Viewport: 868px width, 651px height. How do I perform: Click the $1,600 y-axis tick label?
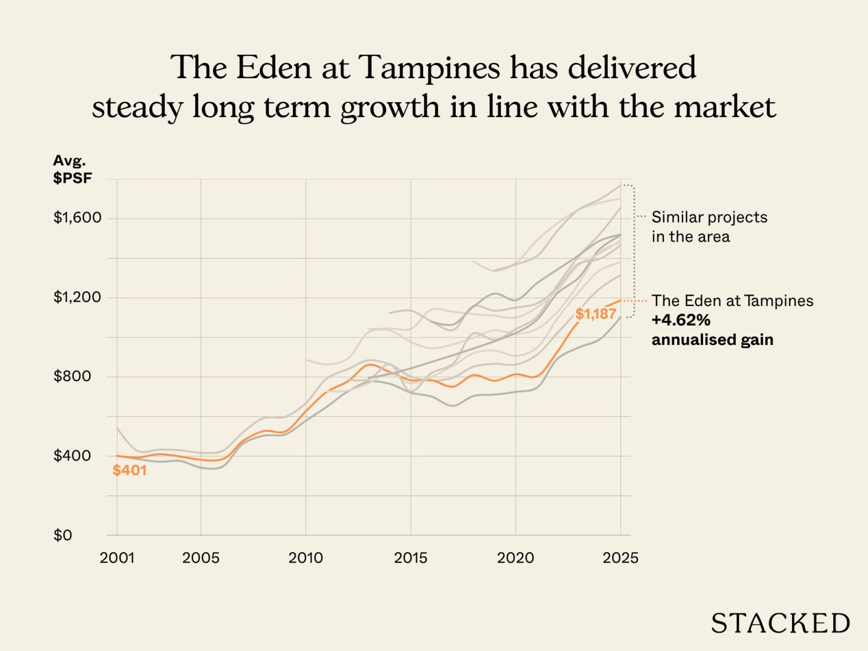[x=77, y=218]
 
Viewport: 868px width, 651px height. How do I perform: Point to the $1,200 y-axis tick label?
[x=77, y=297]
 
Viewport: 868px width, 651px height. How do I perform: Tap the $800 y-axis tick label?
[x=72, y=376]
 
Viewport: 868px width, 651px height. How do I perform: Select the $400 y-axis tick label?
[x=72, y=456]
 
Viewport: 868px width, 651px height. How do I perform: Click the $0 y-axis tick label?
[x=62, y=535]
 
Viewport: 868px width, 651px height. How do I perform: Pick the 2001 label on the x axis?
[x=117, y=558]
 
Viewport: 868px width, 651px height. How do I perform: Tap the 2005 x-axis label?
[x=201, y=558]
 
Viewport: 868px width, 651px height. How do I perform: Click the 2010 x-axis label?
[x=305, y=558]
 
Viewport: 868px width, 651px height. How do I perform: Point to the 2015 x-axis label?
[x=411, y=558]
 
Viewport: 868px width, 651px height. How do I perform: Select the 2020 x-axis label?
[x=515, y=558]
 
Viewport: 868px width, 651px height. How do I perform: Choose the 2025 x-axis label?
[x=620, y=558]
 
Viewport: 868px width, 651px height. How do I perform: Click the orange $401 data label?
[x=130, y=470]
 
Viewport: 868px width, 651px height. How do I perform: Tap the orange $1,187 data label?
[x=596, y=314]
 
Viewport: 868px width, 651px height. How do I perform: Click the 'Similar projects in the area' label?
[x=709, y=227]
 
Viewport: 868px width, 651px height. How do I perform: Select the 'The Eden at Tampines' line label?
[x=732, y=301]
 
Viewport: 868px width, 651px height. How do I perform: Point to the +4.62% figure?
[x=681, y=320]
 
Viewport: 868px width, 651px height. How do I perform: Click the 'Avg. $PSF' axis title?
[x=72, y=169]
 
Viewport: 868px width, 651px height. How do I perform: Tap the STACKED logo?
[x=780, y=623]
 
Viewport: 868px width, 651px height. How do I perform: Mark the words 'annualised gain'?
[x=712, y=340]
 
